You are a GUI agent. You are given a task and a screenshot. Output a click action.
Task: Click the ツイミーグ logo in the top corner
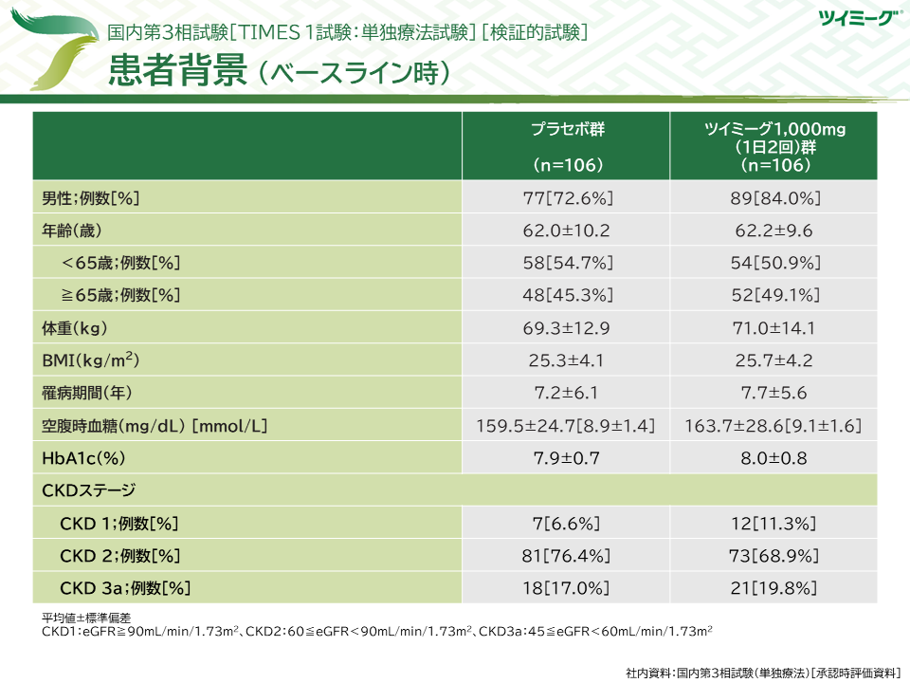852,16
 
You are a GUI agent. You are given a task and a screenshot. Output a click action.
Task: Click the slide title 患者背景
178,71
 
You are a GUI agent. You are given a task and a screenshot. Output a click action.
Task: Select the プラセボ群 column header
567,130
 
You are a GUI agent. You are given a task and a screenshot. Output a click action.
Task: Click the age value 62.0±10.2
567,231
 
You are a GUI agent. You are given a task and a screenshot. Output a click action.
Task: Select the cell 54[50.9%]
774,263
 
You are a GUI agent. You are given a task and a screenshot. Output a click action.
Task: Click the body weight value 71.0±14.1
774,328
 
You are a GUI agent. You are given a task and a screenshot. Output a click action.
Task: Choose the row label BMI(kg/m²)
91,360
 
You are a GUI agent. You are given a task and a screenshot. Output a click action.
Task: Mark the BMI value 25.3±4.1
567,360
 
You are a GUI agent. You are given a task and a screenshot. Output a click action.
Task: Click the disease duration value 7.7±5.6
774,393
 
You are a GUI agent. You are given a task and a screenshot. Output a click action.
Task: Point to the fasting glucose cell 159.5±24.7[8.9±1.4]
567,426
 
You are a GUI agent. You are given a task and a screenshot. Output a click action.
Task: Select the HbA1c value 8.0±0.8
774,458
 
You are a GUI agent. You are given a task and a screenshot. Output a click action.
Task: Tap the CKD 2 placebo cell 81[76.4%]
567,555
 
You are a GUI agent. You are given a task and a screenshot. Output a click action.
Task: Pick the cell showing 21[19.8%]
774,587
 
